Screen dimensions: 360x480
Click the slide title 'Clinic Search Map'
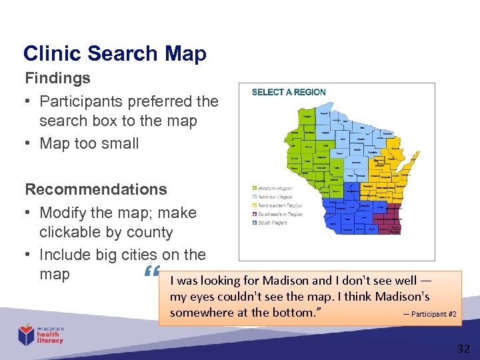coord(115,53)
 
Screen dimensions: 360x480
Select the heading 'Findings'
coord(57,78)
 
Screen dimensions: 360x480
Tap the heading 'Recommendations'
coord(95,189)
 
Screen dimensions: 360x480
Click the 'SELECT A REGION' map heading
coord(289,92)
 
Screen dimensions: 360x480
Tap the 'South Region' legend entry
coord(271,223)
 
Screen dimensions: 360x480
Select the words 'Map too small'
coord(89,143)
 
